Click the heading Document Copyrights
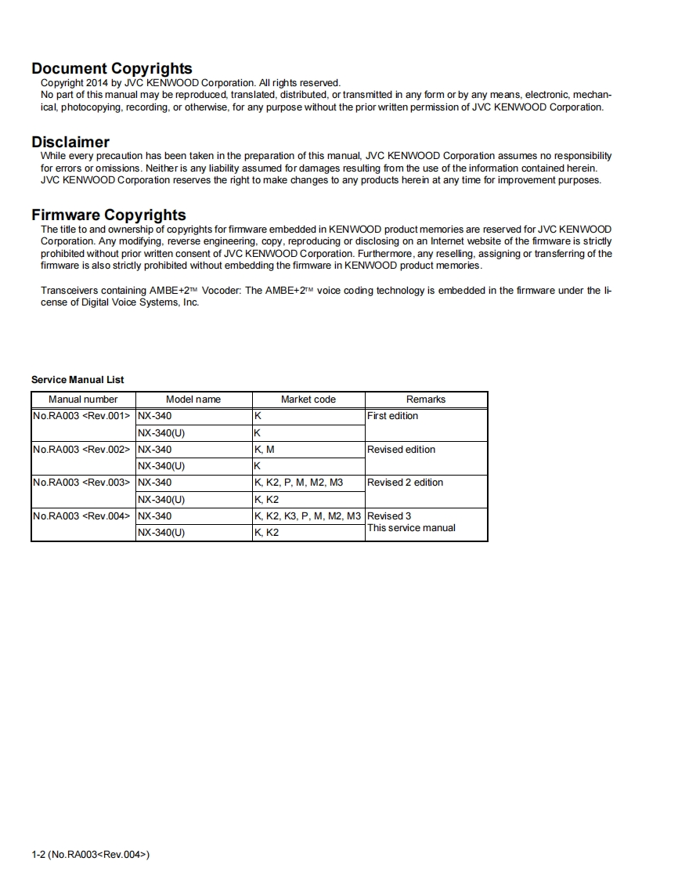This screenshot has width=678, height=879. (x=112, y=69)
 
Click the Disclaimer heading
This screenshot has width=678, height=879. (x=70, y=142)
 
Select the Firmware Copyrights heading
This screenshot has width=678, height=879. (x=109, y=215)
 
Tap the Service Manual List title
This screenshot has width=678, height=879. (x=78, y=380)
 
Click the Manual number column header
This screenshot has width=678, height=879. (x=83, y=400)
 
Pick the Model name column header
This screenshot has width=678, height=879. (x=193, y=400)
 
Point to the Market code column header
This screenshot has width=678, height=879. (x=308, y=400)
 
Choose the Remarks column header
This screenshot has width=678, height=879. (x=426, y=400)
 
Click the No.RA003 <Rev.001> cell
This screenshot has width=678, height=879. (x=81, y=416)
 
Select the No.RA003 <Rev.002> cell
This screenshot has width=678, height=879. (x=81, y=450)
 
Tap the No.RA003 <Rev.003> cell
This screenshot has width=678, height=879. (x=81, y=483)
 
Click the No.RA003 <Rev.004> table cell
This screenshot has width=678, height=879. (x=81, y=516)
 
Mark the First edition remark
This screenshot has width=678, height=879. (x=393, y=416)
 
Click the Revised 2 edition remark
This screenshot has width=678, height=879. (x=406, y=483)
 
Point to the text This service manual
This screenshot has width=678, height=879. (x=412, y=528)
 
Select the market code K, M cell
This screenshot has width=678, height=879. (x=265, y=450)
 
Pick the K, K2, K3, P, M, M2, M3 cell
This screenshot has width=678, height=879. (x=308, y=516)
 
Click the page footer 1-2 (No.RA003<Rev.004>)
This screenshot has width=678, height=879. (x=90, y=854)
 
